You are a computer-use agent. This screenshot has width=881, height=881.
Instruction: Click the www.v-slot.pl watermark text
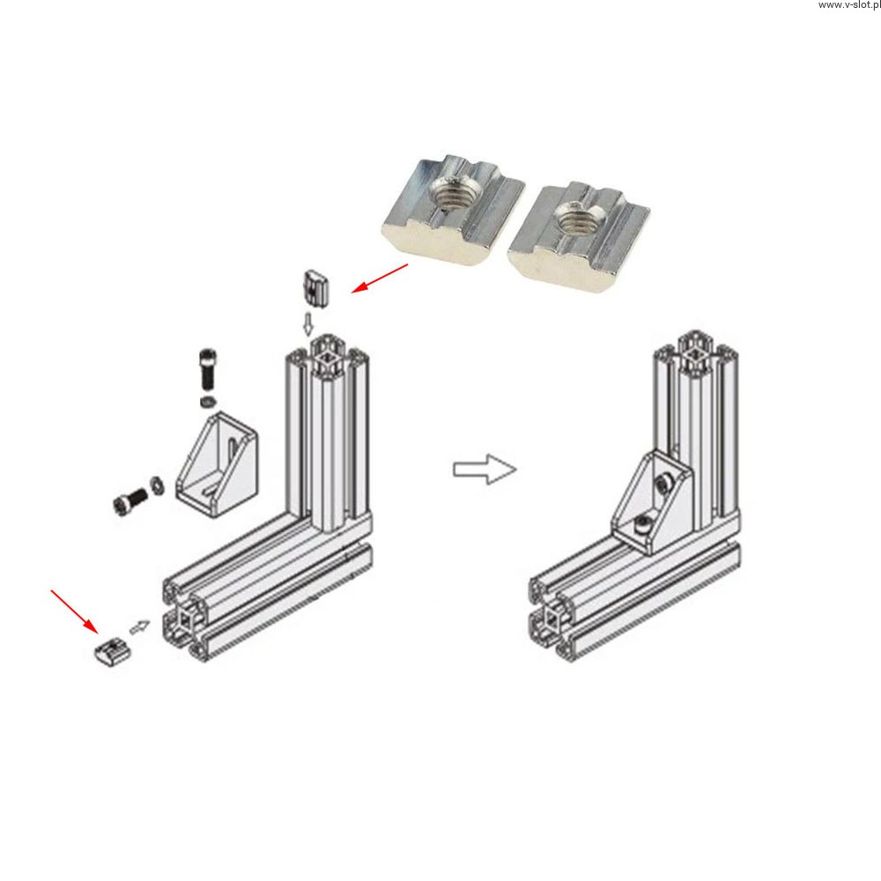849,5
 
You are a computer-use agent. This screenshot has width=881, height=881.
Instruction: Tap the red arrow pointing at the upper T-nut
379,278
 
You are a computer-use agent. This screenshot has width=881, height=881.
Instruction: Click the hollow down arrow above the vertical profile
307,324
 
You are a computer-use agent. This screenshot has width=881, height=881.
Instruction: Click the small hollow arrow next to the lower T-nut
140,626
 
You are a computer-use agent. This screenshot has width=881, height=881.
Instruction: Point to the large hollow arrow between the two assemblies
485,469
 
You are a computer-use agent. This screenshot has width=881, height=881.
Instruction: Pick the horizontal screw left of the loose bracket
130,500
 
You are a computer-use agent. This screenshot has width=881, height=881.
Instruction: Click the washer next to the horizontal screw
156,485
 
